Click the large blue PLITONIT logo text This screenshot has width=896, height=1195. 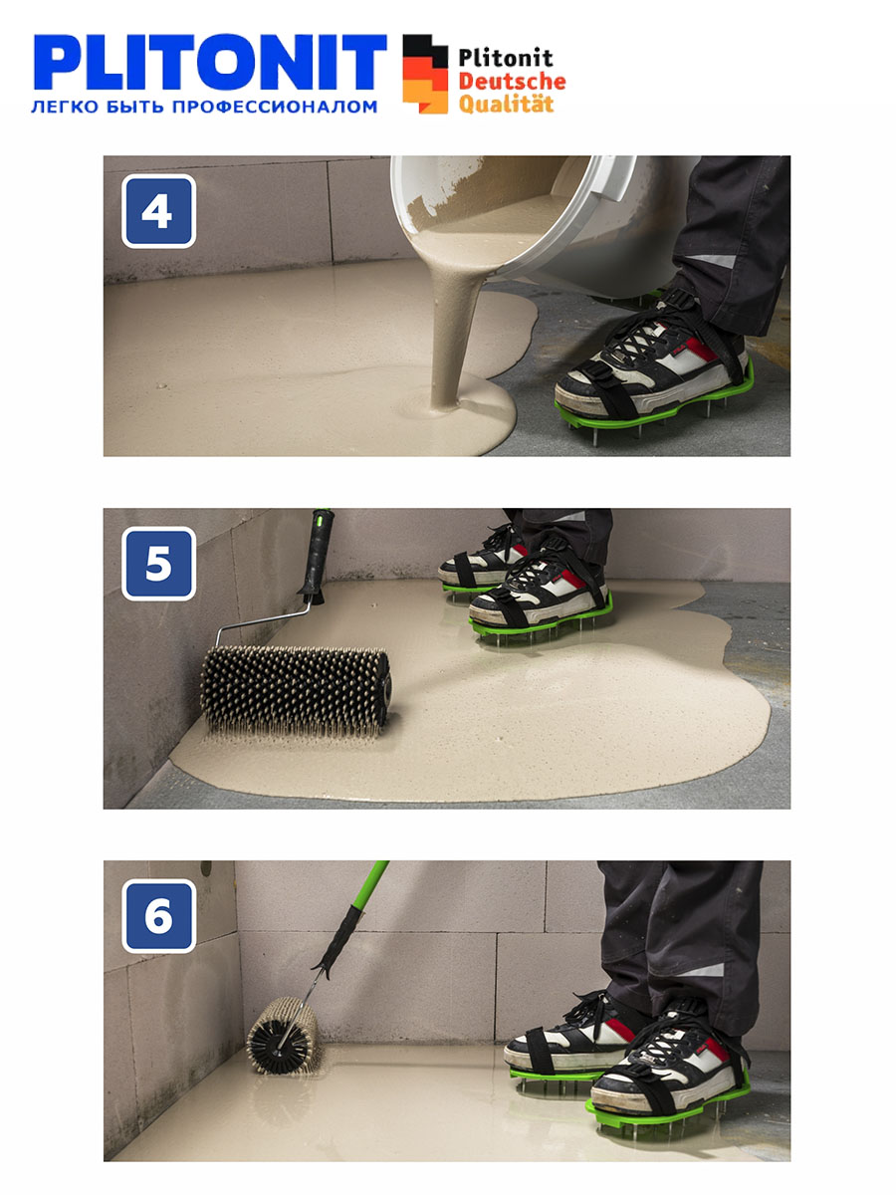[x=210, y=62]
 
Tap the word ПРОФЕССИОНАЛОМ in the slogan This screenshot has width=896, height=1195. [x=275, y=107]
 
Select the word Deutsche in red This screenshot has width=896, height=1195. [x=512, y=81]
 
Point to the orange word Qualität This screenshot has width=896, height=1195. [x=506, y=104]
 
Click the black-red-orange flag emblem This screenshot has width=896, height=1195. [x=425, y=74]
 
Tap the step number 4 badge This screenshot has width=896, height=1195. [x=159, y=211]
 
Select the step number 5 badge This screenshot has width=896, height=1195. [x=159, y=564]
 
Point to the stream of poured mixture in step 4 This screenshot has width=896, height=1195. [x=456, y=332]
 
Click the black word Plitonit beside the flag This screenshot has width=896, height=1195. [x=506, y=58]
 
